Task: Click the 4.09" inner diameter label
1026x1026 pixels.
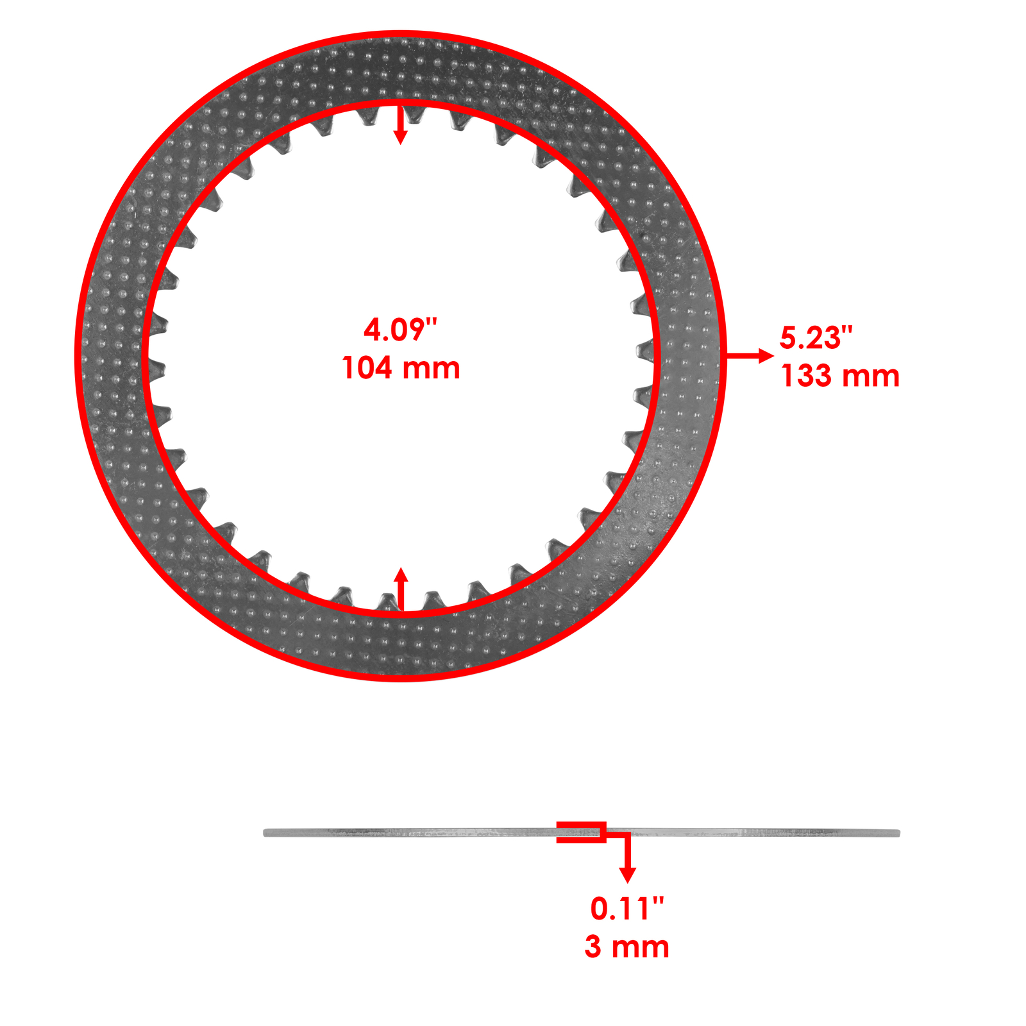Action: tap(400, 330)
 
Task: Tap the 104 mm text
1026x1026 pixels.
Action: tap(401, 368)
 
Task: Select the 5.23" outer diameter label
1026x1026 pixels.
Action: tap(816, 337)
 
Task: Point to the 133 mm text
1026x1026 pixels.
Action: tap(840, 376)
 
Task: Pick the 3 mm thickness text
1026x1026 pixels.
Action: tap(627, 947)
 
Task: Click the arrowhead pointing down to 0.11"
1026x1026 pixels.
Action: tap(627, 875)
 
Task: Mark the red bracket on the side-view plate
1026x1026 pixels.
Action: tap(580, 832)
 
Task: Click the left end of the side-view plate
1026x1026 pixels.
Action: tap(267, 833)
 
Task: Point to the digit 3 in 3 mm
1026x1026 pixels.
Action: tap(593, 947)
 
